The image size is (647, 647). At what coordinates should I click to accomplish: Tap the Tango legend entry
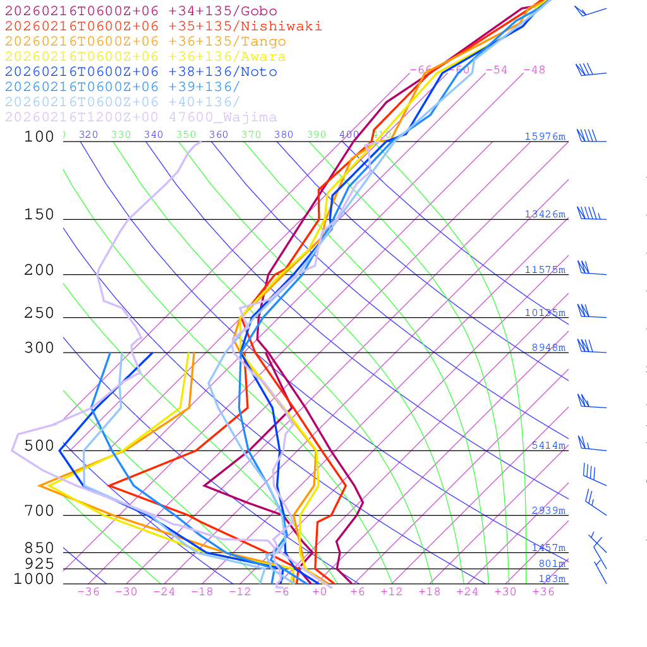[x=145, y=42]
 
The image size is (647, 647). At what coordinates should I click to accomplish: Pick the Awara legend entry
[x=145, y=57]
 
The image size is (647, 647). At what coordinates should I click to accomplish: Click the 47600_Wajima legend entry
[x=141, y=118]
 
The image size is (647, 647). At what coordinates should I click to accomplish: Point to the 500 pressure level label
[x=39, y=446]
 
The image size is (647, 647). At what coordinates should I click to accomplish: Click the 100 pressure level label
[x=39, y=137]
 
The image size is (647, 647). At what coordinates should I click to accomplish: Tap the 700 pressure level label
[x=39, y=511]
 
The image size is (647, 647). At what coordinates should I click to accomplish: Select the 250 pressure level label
[x=39, y=313]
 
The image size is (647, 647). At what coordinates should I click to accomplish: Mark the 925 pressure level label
[x=39, y=564]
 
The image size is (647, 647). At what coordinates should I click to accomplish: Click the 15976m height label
[x=545, y=136]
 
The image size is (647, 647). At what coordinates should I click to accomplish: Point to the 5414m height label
[x=548, y=445]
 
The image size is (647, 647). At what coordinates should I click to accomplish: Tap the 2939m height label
[x=548, y=511]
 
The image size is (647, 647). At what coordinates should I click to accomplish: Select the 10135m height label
[x=545, y=313]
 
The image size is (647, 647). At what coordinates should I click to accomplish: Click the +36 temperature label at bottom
[x=543, y=591]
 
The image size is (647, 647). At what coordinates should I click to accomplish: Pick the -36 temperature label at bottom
[x=88, y=591]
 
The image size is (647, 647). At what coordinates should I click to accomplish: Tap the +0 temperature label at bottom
[x=320, y=591]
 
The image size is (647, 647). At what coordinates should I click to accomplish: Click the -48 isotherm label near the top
[x=534, y=70]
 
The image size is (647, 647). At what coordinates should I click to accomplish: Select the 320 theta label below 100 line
[x=88, y=135]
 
